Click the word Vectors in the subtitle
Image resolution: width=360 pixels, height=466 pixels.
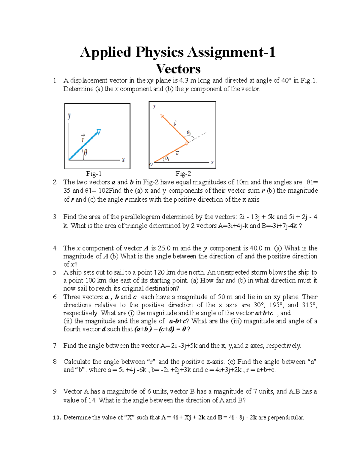point(178,69)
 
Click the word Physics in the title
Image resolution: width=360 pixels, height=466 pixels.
point(159,52)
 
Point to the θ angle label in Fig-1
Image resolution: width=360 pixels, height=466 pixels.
point(85,153)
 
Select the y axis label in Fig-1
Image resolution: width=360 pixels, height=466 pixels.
point(69,116)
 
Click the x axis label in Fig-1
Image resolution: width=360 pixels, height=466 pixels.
point(123,160)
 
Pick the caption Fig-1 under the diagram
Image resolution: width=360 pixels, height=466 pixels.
point(94,173)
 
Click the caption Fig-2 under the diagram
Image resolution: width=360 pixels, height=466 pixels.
point(183,173)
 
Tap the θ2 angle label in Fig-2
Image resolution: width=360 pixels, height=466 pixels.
point(189,132)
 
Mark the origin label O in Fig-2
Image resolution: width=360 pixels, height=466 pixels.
point(151,164)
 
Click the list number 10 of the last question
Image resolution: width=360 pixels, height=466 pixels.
point(57,417)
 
